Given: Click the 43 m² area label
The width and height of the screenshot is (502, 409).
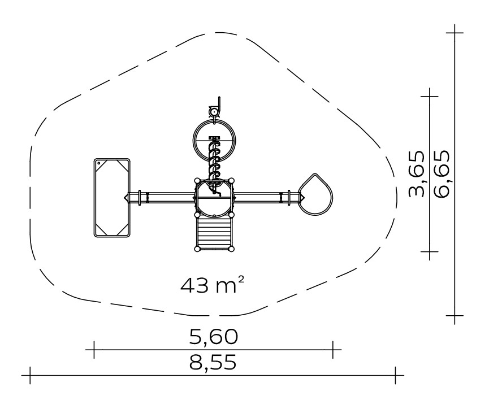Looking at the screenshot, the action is tap(213, 285).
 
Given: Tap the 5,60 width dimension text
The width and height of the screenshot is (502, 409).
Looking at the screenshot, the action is tap(214, 337).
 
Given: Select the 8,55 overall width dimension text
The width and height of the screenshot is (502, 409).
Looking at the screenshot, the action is tap(213, 362).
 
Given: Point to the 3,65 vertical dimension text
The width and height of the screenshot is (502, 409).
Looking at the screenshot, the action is tap(417, 173).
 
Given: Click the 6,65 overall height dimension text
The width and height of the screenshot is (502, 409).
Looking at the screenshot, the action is tap(442, 173).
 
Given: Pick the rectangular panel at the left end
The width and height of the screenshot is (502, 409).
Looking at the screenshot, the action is tap(112, 198).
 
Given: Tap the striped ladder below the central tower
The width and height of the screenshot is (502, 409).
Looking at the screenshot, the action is tap(214, 232).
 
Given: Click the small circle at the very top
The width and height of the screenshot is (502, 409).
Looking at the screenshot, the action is tap(214, 112).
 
